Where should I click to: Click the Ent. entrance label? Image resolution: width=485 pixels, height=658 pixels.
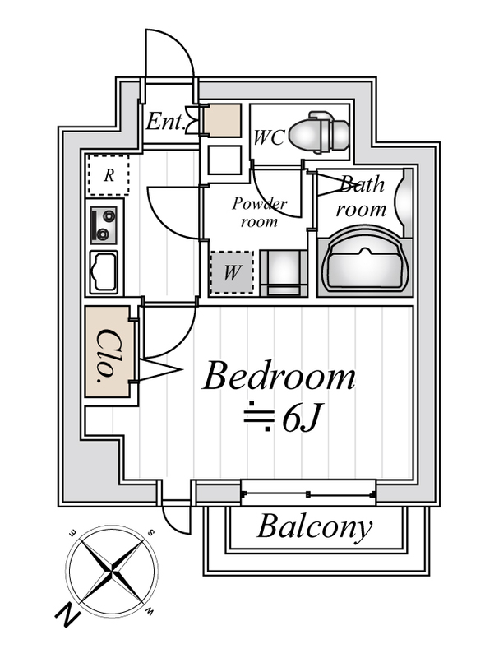click(x=164, y=122)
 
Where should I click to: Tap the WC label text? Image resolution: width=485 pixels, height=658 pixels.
click(x=269, y=137)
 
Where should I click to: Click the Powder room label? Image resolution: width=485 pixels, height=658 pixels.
click(x=259, y=211)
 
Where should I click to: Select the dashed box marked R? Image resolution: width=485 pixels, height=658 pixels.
click(x=108, y=174)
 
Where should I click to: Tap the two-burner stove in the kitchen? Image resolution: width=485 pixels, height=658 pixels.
click(x=104, y=225)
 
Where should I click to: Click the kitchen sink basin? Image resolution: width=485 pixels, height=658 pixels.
click(x=104, y=271)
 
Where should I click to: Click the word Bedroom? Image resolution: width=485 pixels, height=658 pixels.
click(x=279, y=378)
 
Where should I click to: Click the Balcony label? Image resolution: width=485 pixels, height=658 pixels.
click(x=314, y=527)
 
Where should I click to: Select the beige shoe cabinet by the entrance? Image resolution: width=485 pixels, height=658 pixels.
click(x=222, y=121)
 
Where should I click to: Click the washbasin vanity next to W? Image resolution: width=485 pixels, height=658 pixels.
click(x=282, y=273)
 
